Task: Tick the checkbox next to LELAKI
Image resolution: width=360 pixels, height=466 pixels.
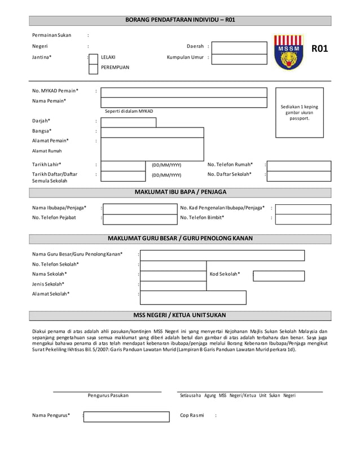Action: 94,57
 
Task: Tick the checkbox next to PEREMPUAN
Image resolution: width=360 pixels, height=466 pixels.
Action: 94,68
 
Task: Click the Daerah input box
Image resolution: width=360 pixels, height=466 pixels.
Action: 239,47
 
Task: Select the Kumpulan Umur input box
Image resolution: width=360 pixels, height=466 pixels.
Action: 239,58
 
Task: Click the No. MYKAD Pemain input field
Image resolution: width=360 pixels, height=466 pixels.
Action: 183,92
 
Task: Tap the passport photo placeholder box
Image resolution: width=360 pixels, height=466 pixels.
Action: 299,112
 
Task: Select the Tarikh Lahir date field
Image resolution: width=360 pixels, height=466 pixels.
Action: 123,165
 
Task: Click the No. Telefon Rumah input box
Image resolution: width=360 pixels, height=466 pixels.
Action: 299,165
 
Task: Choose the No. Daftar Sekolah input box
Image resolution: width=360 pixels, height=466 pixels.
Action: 299,175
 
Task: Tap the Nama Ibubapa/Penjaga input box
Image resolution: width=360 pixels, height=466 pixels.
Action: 140,208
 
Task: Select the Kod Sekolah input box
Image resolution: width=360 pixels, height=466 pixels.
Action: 279,275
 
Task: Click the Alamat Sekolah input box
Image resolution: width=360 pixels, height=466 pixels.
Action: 193,297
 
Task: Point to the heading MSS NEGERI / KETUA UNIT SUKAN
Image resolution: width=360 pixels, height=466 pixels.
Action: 180,315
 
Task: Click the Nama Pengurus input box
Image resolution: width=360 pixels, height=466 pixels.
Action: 126,416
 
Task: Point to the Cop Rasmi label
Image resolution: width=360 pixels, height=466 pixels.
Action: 192,416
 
